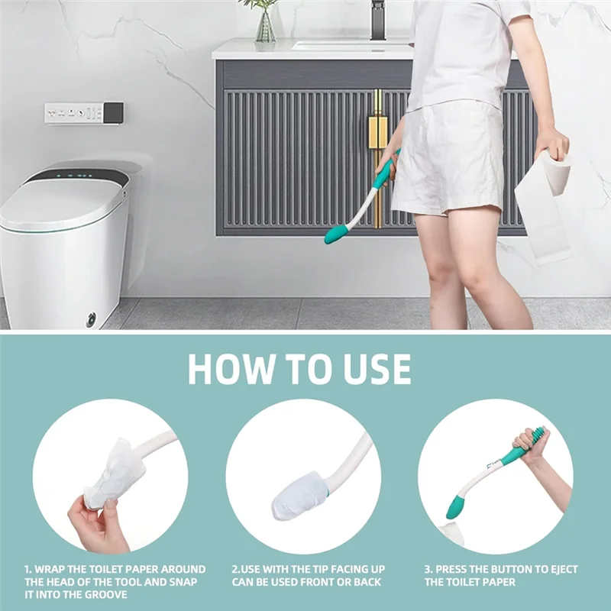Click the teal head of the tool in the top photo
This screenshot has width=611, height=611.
[x=336, y=234]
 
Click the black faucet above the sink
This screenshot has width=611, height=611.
[x=378, y=19]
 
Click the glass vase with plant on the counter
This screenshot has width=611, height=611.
[x=265, y=27]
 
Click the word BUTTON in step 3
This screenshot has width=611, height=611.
[x=519, y=570]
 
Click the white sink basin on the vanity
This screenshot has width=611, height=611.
[x=351, y=44]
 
